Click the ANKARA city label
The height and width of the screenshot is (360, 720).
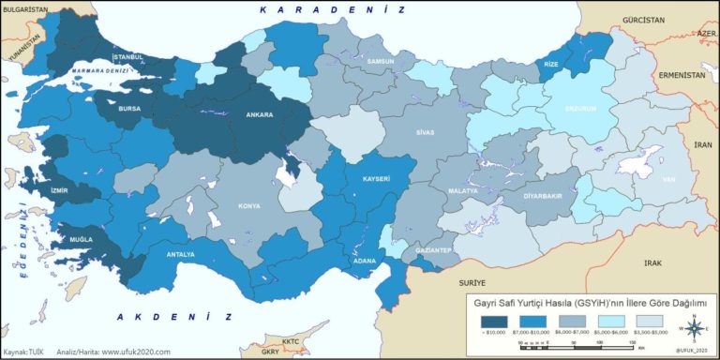(x=259, y=116)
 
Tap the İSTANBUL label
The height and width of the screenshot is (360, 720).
(x=128, y=57)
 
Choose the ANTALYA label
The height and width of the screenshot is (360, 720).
(x=180, y=254)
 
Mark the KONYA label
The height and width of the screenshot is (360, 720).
(x=249, y=205)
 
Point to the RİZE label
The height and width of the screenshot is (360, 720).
(x=549, y=64)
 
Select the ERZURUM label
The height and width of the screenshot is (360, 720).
(x=579, y=108)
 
